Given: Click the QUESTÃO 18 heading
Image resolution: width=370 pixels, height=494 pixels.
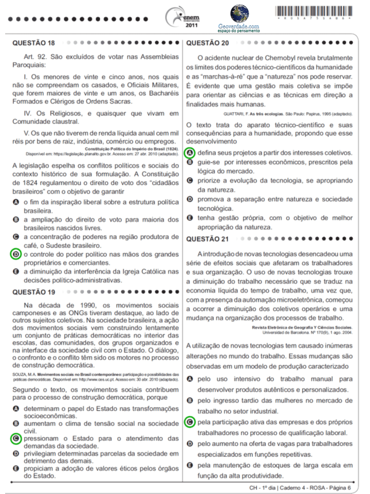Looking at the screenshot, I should (x=33, y=43).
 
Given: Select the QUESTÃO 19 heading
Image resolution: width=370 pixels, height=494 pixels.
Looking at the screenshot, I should (x=33, y=292).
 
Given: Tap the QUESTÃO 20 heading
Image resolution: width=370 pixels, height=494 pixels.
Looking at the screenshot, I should (x=208, y=43).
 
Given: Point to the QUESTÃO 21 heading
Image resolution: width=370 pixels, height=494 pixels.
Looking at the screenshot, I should (x=208, y=238).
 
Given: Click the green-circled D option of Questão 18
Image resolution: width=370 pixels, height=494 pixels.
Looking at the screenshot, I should (x=16, y=254).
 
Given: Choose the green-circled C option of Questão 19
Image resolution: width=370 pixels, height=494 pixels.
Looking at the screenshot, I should (x=16, y=438).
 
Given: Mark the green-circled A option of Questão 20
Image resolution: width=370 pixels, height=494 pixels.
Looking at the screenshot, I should (x=190, y=153).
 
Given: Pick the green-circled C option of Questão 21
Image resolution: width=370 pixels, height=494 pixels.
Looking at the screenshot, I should (x=190, y=422).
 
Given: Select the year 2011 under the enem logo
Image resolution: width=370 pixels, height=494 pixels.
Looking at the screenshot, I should (x=191, y=24).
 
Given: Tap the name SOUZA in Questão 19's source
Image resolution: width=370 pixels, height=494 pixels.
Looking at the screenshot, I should (x=18, y=374).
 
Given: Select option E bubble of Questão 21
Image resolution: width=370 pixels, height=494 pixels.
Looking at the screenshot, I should (x=190, y=465).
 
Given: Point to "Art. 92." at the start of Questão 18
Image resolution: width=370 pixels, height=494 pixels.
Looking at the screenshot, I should (x=35, y=55).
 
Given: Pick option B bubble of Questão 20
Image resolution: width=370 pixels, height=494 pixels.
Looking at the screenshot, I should (x=190, y=162).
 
